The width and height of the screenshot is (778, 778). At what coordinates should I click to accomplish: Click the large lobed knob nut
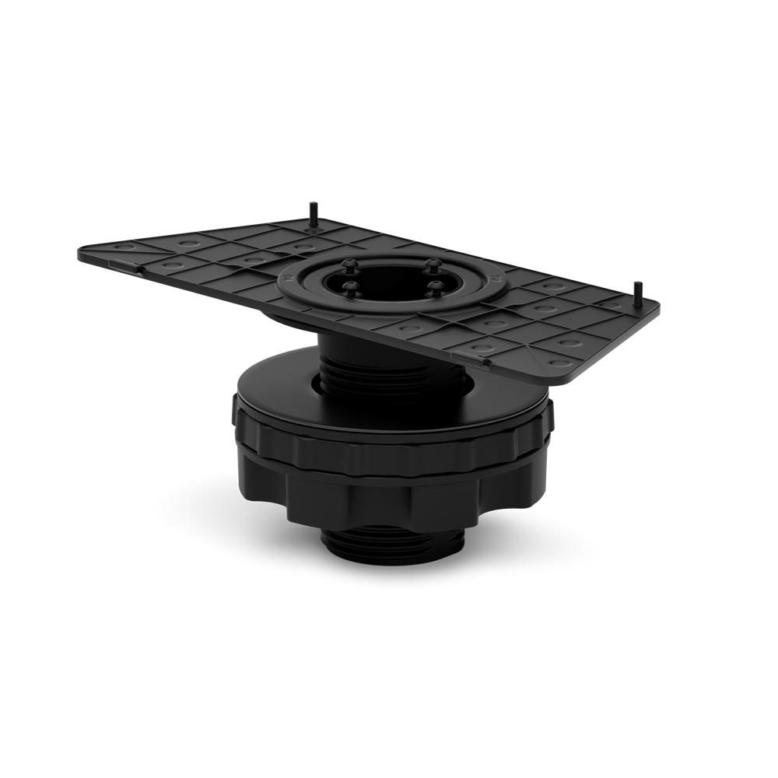pyautogui.click(x=389, y=490)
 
